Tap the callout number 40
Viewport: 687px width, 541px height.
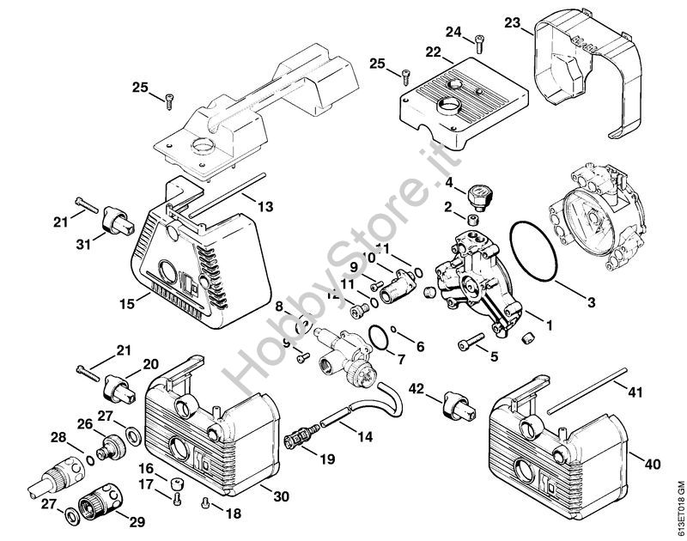(653, 465)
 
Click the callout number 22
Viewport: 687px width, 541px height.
(433, 52)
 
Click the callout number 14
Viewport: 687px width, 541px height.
(365, 437)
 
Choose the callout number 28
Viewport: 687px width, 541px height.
(58, 438)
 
